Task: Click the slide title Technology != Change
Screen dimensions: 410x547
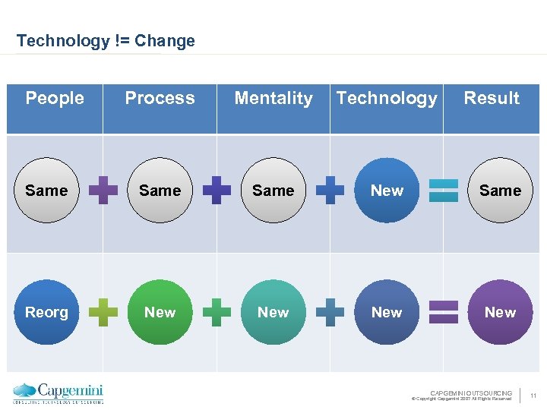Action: [x=106, y=41]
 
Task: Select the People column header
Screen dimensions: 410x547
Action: [x=55, y=98]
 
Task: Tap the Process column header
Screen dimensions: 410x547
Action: [x=160, y=98]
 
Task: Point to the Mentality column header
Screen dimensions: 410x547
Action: [x=273, y=98]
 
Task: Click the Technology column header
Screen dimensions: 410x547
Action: [x=387, y=98]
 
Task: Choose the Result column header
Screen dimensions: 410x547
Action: [x=492, y=98]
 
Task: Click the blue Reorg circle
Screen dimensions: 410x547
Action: [x=46, y=312]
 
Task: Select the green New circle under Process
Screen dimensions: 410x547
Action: [x=160, y=312]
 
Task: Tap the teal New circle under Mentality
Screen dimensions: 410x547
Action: [x=273, y=312]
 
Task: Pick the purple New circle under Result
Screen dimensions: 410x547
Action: [x=500, y=312]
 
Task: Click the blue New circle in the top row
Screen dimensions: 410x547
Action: [x=387, y=191]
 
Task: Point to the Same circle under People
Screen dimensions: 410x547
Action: [x=46, y=191]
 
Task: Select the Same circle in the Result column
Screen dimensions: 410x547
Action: [x=500, y=191]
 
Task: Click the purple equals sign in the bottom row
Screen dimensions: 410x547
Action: [x=444, y=312]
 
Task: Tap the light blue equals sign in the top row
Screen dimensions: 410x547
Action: [x=444, y=191]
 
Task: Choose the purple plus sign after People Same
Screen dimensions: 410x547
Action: [x=103, y=191]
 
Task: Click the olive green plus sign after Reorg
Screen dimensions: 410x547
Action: [x=103, y=312]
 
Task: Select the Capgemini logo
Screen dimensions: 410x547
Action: [x=58, y=393]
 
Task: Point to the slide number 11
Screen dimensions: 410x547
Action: [x=533, y=396]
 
